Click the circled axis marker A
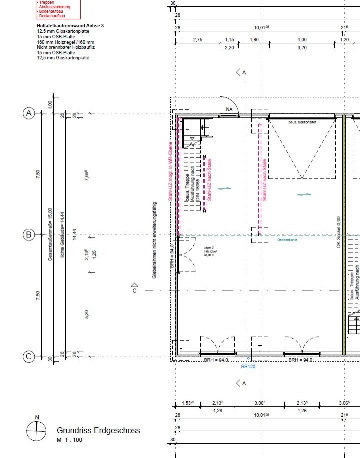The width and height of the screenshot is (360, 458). [x=29, y=114]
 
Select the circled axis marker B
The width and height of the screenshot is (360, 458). [x=29, y=235]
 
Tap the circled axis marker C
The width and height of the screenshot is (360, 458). [x=29, y=356]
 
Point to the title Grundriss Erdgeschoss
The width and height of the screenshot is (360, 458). [x=98, y=430]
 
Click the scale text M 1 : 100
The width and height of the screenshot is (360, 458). [x=69, y=440]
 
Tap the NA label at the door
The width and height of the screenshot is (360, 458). [x=230, y=109]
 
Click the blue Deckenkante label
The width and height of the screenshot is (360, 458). [x=287, y=240]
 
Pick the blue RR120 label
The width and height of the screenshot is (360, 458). [x=248, y=366]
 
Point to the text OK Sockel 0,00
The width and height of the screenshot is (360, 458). [x=338, y=232]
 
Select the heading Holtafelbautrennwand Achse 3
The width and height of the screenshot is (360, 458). [x=70, y=25]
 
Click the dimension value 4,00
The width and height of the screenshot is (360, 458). [x=302, y=39]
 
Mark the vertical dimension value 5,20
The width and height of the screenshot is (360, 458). [x=87, y=314]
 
